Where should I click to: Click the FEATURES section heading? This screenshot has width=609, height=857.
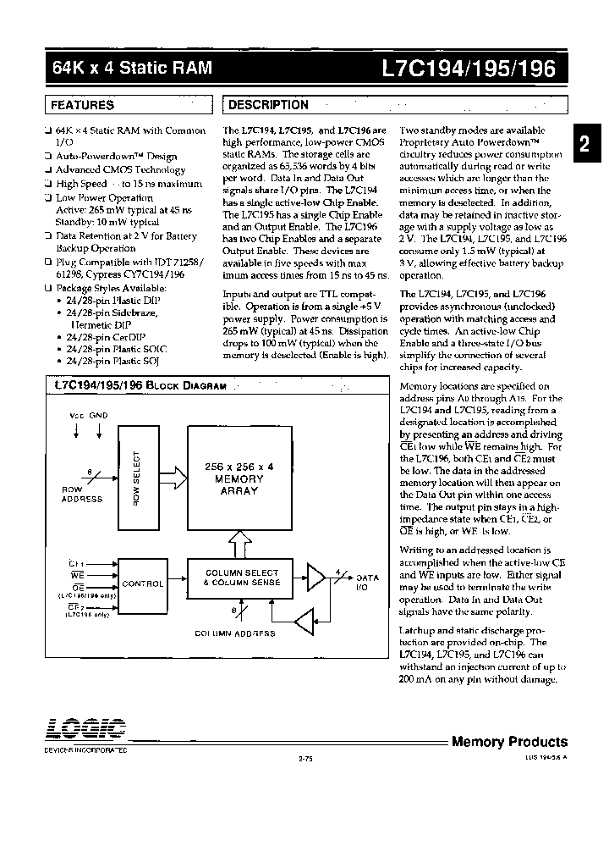tap(83, 105)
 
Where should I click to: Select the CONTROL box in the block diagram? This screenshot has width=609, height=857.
tap(143, 583)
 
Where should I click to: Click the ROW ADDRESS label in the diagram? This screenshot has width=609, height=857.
tap(82, 495)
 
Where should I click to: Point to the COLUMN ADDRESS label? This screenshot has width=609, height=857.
tap(235, 633)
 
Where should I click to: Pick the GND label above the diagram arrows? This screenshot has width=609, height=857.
tap(98, 417)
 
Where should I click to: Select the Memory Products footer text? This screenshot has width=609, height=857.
tap(505, 742)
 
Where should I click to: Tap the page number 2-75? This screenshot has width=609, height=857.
tap(305, 759)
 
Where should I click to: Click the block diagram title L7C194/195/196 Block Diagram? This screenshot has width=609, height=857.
tap(140, 385)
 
